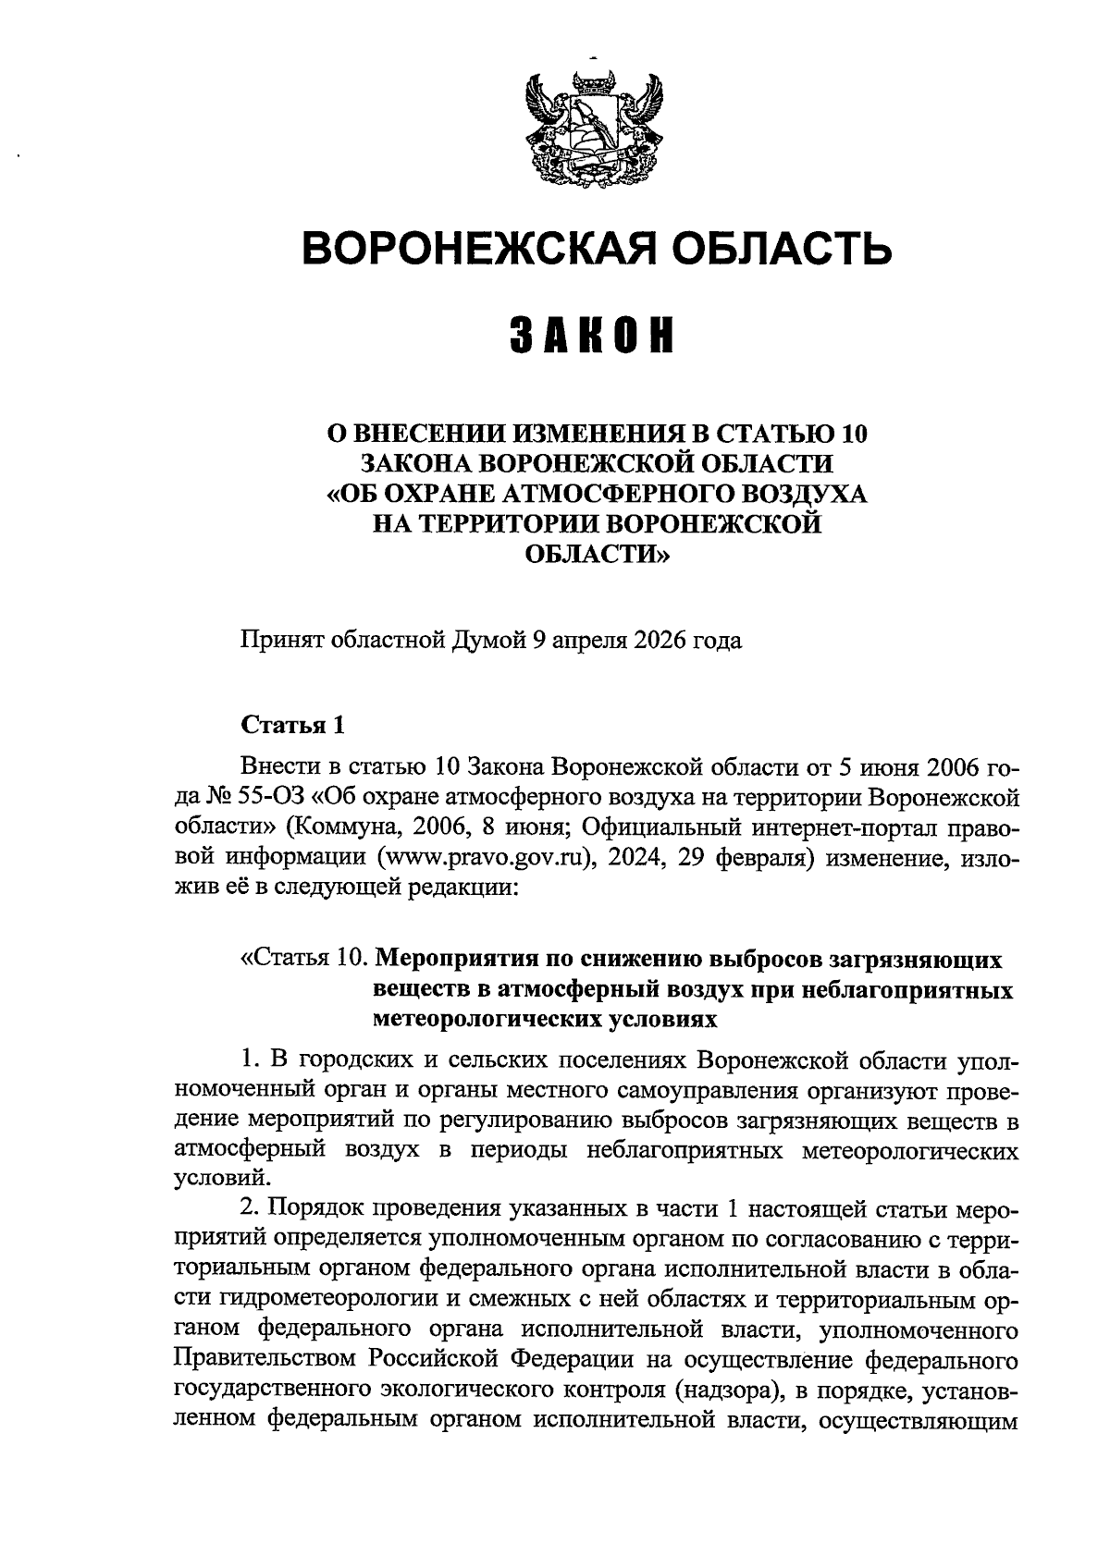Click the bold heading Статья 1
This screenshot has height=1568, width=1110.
[292, 725]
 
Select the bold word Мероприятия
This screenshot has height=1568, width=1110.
[453, 961]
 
